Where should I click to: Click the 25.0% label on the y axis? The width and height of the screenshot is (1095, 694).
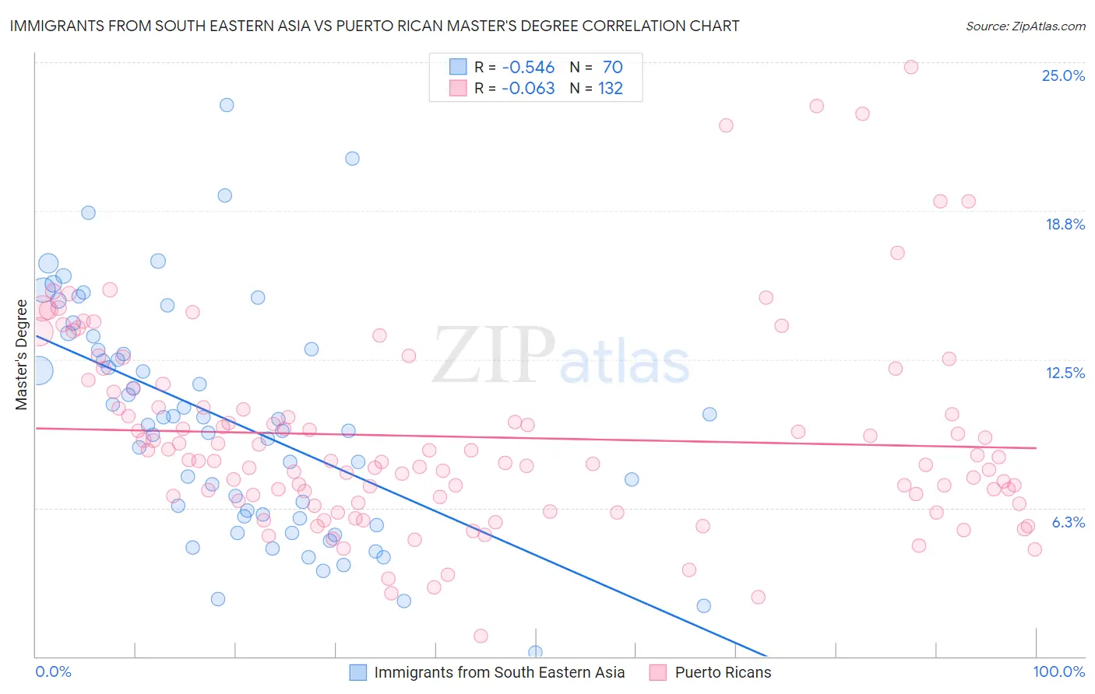(x=1063, y=75)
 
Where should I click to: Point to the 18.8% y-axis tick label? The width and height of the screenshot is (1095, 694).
(x=1065, y=224)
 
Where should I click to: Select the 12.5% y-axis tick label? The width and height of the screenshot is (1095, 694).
(x=1065, y=373)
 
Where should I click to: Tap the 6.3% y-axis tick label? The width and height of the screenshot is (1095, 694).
(x=1068, y=522)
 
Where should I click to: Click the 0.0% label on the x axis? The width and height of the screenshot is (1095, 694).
(x=53, y=671)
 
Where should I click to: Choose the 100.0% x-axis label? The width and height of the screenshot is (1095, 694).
(x=1058, y=671)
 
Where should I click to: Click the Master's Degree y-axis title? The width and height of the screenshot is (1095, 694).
(x=21, y=355)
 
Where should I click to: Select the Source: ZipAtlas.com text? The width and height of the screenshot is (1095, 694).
(x=1025, y=26)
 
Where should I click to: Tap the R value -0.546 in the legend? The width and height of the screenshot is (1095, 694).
(x=527, y=68)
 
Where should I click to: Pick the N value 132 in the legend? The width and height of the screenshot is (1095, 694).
(x=610, y=89)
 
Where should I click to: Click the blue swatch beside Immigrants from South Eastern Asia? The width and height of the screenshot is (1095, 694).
(x=357, y=672)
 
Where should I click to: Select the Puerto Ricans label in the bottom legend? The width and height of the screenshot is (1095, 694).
(x=723, y=672)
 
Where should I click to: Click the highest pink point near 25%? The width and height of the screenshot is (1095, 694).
(x=910, y=67)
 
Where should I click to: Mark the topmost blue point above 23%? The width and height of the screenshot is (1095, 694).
(x=227, y=105)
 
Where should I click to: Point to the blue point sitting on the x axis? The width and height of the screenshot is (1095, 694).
(x=535, y=652)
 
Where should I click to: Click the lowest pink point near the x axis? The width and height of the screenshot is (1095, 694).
(x=481, y=636)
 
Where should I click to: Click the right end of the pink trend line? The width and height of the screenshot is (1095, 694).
(x=1036, y=447)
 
